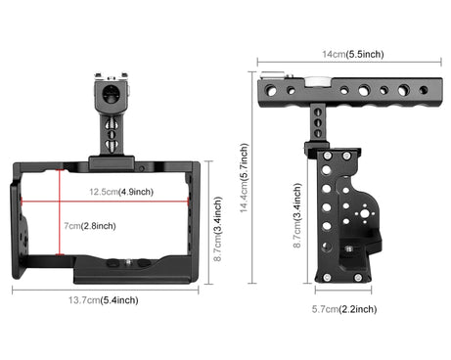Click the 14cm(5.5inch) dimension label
point(353,54)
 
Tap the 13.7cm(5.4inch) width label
point(103,300)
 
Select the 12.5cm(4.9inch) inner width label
point(121,192)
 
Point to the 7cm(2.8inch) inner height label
point(90,226)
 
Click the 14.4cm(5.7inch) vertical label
point(245,178)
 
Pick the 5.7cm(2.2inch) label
point(344,309)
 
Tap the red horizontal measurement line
point(105,202)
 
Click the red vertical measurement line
point(60,212)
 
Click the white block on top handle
point(314,81)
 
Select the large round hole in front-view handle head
point(112,92)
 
